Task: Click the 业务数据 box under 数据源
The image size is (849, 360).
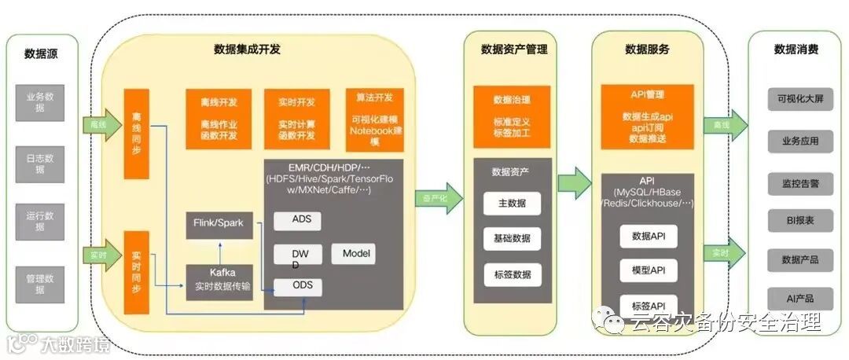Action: (x=39, y=102)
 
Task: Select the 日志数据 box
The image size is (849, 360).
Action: (x=39, y=162)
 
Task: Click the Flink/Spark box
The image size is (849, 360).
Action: (x=219, y=224)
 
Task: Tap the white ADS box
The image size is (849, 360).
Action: (x=297, y=220)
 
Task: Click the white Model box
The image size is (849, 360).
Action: (x=353, y=253)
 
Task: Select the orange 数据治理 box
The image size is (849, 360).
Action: (x=511, y=117)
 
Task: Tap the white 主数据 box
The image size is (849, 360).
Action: (x=512, y=204)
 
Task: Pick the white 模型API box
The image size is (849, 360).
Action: (x=648, y=270)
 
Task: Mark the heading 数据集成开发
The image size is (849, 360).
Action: (x=247, y=50)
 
